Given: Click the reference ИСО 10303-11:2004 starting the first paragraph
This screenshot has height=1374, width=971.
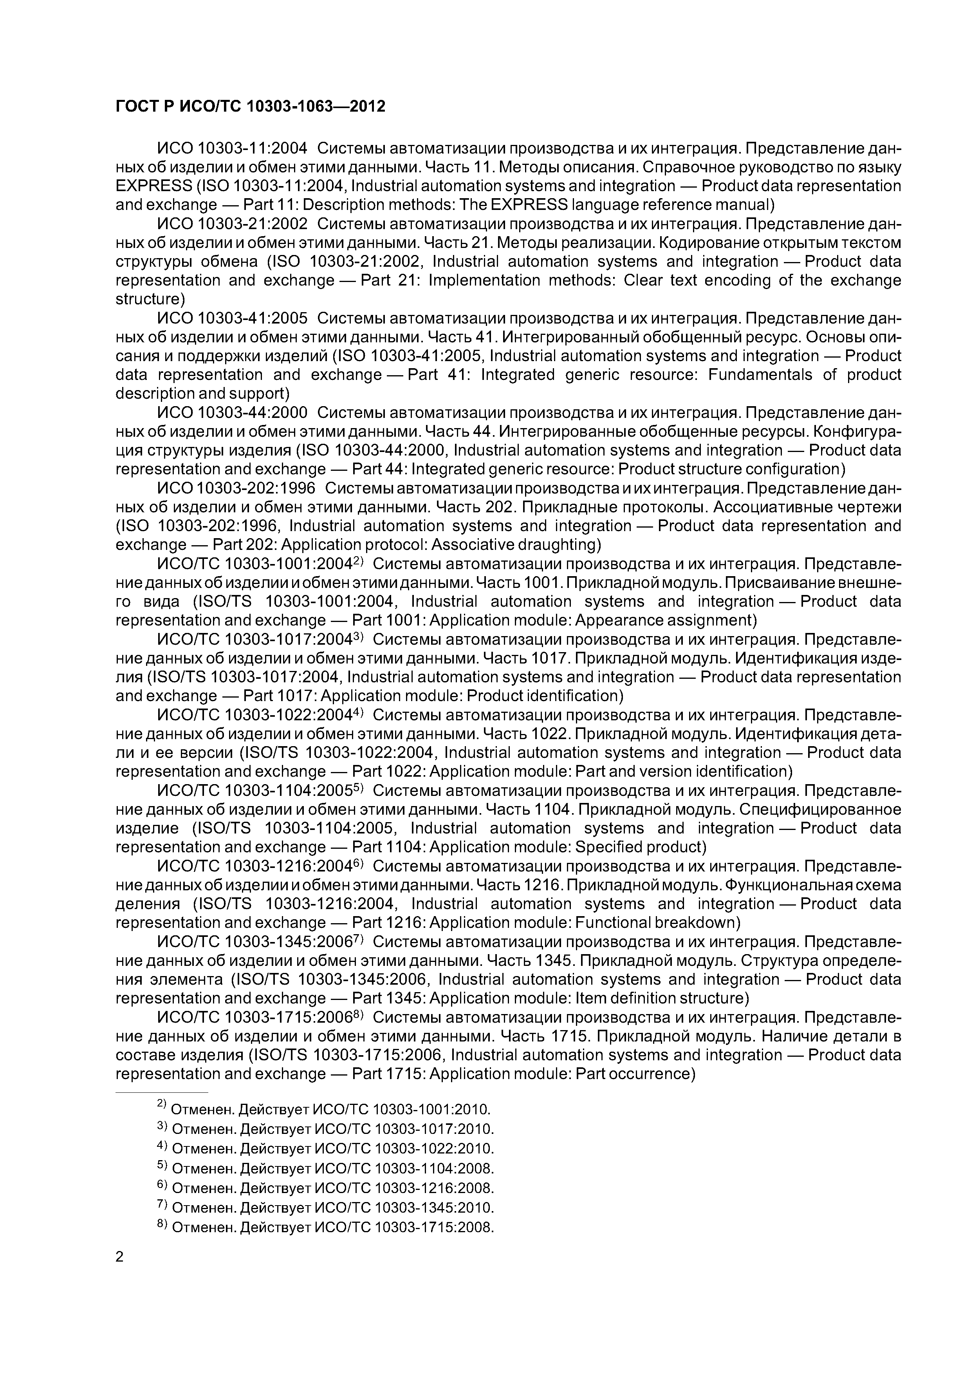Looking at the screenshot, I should [232, 148].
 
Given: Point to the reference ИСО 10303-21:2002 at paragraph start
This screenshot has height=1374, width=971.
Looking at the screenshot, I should [232, 224].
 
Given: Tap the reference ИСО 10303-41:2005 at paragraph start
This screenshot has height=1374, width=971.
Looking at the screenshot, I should [232, 318].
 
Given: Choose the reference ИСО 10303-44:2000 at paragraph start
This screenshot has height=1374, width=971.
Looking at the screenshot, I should [232, 412].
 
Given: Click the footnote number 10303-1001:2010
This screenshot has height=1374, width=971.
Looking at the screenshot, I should [431, 1110].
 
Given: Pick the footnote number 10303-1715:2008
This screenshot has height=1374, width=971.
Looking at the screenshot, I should [434, 1228].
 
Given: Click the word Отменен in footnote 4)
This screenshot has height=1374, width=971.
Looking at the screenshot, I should [203, 1148].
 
